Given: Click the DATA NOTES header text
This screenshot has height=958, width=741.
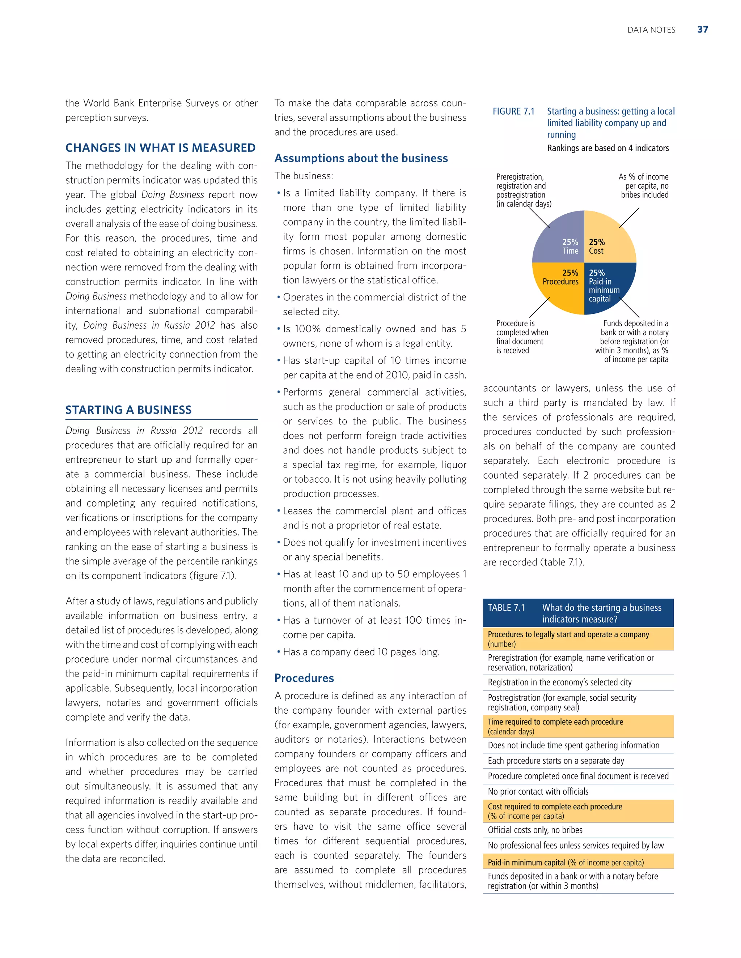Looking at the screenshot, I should point(651,30).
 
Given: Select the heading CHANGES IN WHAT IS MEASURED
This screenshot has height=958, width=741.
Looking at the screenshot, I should point(160,148).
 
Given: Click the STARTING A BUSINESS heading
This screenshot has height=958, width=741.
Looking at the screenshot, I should point(128,410).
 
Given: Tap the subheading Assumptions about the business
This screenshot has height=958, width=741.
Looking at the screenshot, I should point(361,158).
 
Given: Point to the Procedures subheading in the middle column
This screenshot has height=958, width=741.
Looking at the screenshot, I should point(304,678).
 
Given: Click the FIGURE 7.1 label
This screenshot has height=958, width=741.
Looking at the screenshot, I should point(513,111).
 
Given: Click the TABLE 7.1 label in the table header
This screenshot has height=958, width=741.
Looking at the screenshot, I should point(506,608).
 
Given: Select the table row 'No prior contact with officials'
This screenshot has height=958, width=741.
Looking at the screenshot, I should point(538,792).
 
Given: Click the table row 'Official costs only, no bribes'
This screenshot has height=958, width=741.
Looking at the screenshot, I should point(535,830).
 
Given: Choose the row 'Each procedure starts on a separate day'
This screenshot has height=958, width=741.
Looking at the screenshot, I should point(555,761).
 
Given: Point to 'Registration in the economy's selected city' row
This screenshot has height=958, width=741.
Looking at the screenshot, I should point(559,683).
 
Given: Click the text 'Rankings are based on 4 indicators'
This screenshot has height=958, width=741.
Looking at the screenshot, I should point(607,148).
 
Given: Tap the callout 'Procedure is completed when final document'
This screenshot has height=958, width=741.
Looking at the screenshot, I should point(522,337).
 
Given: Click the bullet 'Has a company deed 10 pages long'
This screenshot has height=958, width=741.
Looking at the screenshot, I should point(361,652).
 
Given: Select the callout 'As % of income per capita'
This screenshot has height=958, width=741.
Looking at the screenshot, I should point(644,186).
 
